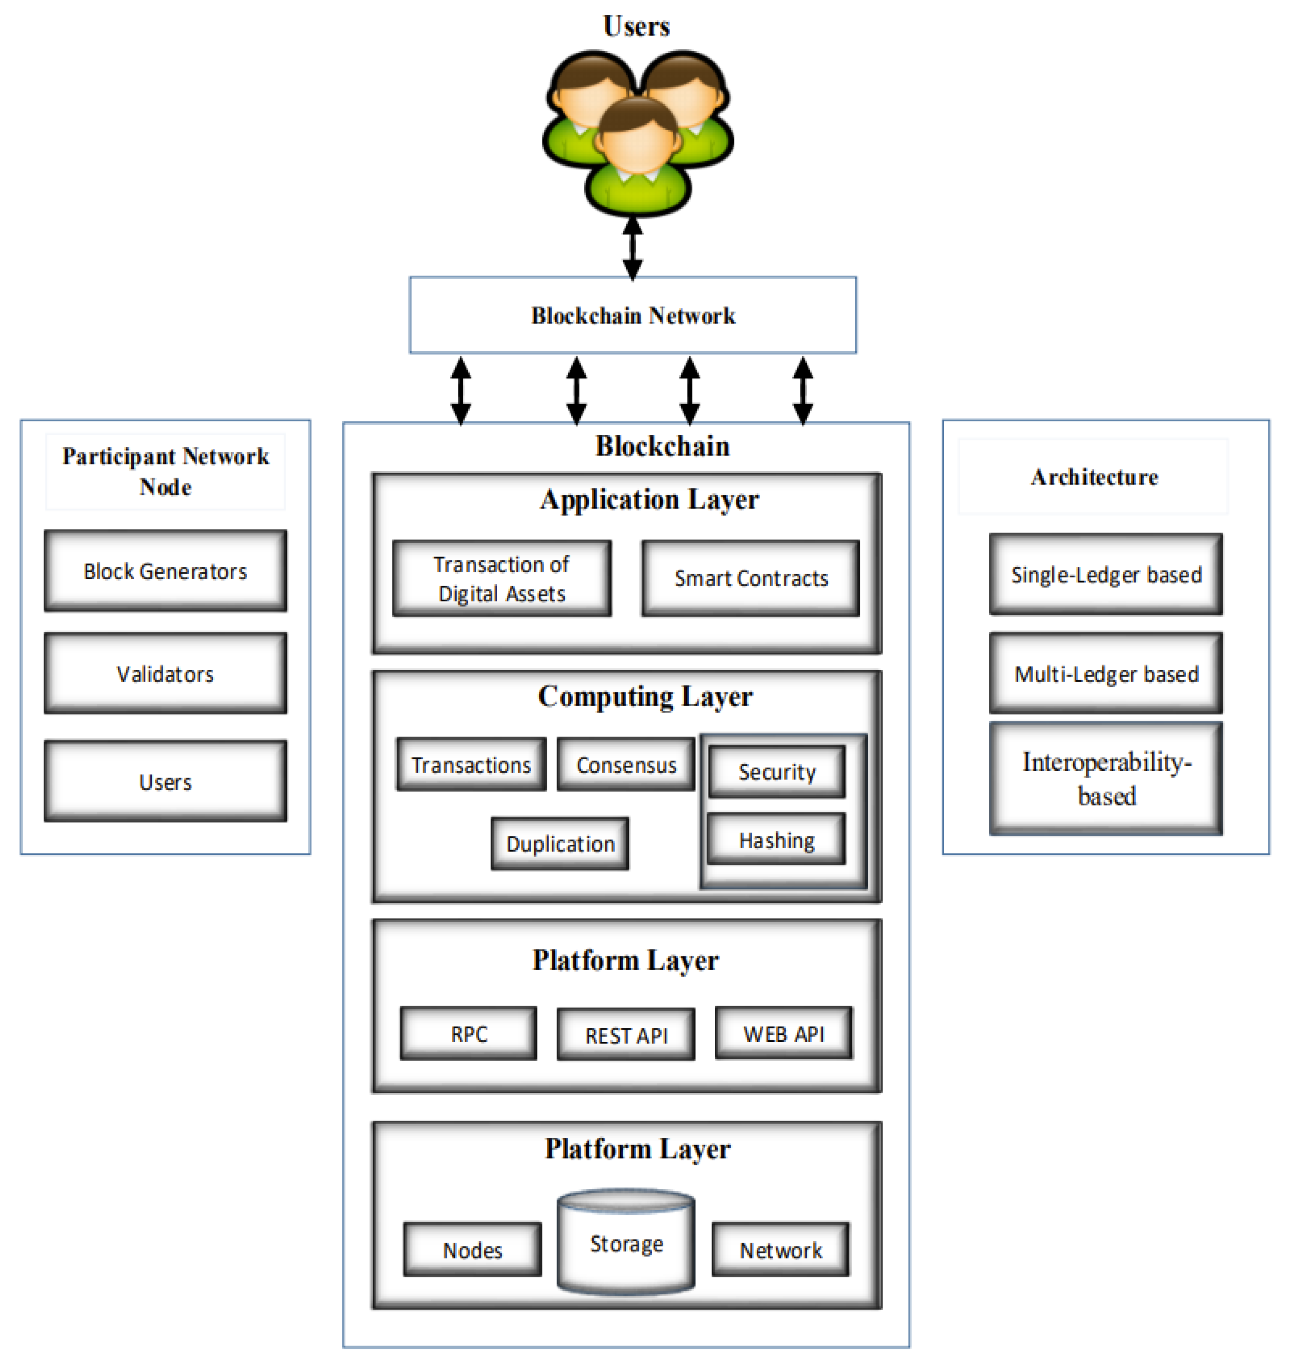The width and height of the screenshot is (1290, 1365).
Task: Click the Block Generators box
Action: coord(165,571)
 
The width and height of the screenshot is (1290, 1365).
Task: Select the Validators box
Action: coord(165,674)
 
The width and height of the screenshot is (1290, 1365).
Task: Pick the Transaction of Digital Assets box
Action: coord(501,578)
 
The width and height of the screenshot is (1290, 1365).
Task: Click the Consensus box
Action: coord(626,764)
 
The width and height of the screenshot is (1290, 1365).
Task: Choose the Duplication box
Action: coord(560,844)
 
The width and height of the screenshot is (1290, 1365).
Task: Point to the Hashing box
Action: coord(776,839)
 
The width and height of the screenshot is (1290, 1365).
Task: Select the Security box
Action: coord(776,771)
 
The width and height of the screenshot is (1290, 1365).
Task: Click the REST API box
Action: coord(626,1035)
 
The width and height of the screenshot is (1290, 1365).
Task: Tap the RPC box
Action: coord(468,1034)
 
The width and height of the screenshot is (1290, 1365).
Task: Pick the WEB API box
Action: coord(783,1034)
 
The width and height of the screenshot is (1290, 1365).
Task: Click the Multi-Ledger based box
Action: coord(1106,674)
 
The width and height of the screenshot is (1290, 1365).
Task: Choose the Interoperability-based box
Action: coord(1106,778)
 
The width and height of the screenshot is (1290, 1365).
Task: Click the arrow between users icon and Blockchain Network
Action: coord(633,248)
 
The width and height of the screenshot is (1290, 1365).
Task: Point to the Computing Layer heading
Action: coord(645,696)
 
